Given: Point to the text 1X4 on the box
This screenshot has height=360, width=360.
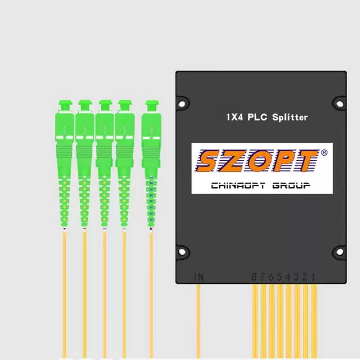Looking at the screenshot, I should [x=234, y=117].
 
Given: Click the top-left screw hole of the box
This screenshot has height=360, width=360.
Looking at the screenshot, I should [x=181, y=103].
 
